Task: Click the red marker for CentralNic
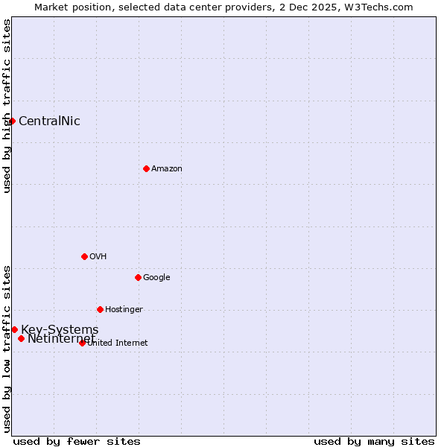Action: pyautogui.click(x=12, y=121)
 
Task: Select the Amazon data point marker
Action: pyautogui.click(x=146, y=168)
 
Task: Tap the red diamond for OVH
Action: pyautogui.click(x=84, y=256)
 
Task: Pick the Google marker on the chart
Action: pyautogui.click(x=138, y=277)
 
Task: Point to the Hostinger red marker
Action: pyautogui.click(x=100, y=309)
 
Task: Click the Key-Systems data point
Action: pyautogui.click(x=14, y=329)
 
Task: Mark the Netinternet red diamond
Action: pyautogui.click(x=21, y=338)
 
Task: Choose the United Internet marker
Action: pyautogui.click(x=82, y=343)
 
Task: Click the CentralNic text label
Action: pyautogui.click(x=49, y=121)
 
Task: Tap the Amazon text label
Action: pyautogui.click(x=167, y=169)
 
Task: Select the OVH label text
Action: pyautogui.click(x=98, y=257)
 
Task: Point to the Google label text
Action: pyautogui.click(x=156, y=278)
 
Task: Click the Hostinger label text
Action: pyautogui.click(x=124, y=310)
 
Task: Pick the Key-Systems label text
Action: pyautogui.click(x=60, y=330)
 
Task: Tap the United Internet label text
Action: pyautogui.click(x=118, y=343)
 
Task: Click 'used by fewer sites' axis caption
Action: pyautogui.click(x=77, y=441)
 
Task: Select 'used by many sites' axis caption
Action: pyautogui.click(x=374, y=441)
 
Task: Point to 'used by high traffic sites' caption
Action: pyautogui.click(x=7, y=106)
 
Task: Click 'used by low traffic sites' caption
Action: pyautogui.click(x=7, y=349)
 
